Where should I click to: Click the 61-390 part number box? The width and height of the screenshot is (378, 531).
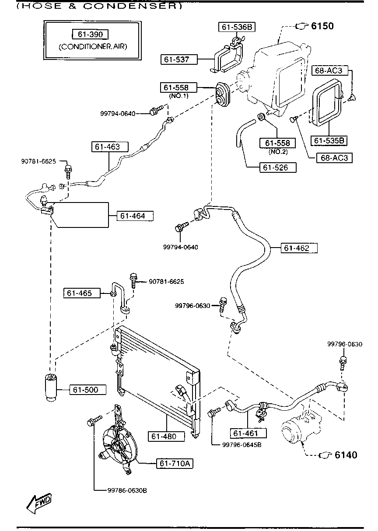tap(90, 35)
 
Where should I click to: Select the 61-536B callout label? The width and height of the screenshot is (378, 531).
tap(237, 27)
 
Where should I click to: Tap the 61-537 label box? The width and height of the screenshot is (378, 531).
tap(179, 59)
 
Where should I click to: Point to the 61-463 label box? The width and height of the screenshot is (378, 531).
tap(110, 147)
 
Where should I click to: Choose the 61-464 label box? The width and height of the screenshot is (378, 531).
tap(135, 216)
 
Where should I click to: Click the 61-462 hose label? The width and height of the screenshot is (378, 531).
tap(299, 248)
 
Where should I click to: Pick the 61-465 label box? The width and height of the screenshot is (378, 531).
tap(82, 293)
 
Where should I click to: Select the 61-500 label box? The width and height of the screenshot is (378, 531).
tap(88, 390)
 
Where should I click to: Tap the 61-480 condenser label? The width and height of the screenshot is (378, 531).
tap(166, 437)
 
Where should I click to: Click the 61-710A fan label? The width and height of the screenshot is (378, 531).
tap(175, 463)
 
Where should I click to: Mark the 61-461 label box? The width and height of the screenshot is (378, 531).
tap(248, 433)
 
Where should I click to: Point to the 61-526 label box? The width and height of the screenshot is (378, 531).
tap(278, 168)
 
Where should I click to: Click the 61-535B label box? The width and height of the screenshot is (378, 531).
tap(329, 140)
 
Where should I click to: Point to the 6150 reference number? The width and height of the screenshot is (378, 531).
tap(322, 26)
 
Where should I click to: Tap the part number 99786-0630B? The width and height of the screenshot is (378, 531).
tap(127, 490)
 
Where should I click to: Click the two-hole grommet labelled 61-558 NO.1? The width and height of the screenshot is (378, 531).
tap(222, 94)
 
